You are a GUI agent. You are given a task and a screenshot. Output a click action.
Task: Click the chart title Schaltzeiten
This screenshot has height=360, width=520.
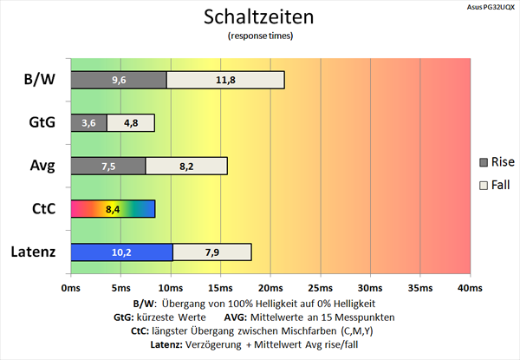259,17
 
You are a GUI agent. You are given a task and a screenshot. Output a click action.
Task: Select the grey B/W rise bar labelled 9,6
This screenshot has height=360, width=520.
118,80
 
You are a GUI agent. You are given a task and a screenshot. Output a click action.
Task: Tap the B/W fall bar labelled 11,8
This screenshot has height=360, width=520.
225,80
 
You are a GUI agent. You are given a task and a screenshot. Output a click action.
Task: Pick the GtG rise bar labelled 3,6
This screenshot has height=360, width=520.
88,123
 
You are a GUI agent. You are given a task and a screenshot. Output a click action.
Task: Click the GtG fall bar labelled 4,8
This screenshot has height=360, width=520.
131,123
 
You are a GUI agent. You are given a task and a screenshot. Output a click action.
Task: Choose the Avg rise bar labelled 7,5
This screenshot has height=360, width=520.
107,166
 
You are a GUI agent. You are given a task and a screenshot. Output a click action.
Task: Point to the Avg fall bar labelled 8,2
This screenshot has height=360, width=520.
186,166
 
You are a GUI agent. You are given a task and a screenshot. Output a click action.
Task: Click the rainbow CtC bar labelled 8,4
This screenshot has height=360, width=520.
112,209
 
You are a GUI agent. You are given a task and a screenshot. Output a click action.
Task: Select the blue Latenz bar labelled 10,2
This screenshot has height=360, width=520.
121,252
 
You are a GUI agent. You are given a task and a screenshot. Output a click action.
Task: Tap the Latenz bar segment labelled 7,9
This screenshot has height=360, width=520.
212,252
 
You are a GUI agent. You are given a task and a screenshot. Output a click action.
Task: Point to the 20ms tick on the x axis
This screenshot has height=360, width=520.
270,288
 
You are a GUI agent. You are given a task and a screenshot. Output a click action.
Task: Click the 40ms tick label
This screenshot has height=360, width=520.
469,288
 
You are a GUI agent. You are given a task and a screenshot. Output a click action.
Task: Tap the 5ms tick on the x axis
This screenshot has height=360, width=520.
120,288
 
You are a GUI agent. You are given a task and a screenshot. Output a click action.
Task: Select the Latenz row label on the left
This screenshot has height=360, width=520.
36,252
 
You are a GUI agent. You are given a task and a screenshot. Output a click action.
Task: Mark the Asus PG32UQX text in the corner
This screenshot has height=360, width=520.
488,6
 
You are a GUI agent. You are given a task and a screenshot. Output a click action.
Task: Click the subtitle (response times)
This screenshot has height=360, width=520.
259,36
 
